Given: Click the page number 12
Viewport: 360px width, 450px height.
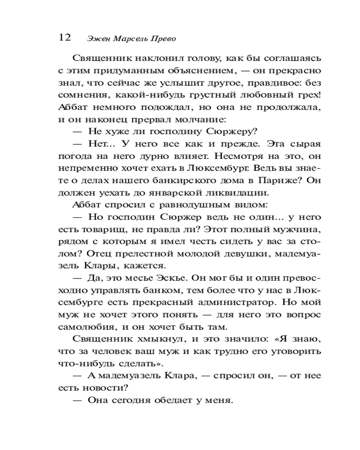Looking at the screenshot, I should point(65,37).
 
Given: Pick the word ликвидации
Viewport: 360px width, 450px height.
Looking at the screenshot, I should point(247,193).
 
